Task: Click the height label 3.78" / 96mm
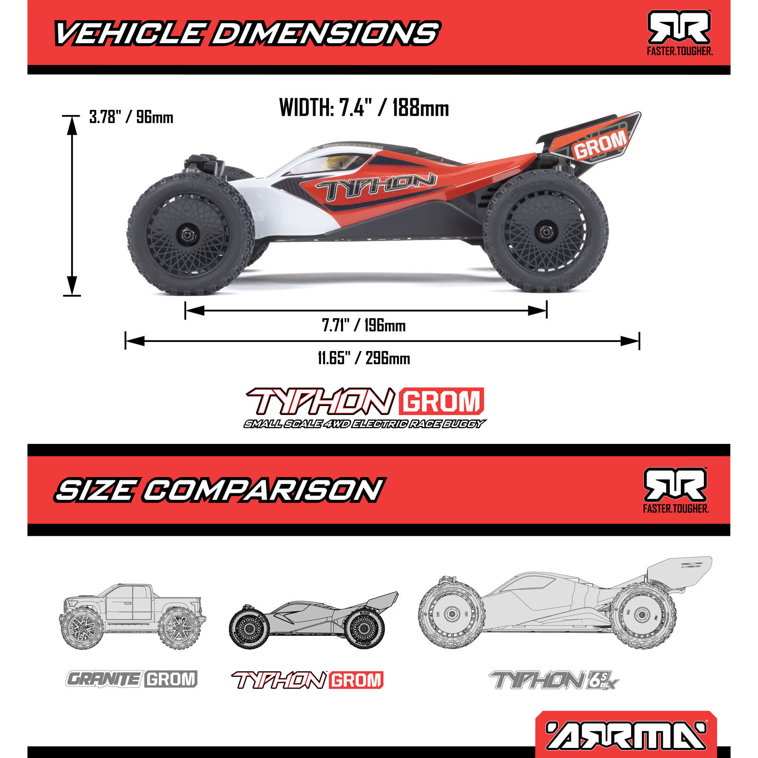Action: (131, 117)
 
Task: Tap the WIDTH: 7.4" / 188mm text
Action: (364, 108)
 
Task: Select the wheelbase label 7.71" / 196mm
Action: (364, 325)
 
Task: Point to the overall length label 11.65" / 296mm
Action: (364, 358)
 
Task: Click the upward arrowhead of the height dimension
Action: (72, 124)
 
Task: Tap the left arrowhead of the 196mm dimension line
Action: (194, 311)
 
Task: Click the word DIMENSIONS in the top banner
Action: (325, 34)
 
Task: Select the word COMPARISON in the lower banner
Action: (263, 490)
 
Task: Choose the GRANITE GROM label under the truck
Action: (131, 679)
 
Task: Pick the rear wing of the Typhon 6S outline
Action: (677, 568)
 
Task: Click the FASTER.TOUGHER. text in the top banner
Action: (679, 51)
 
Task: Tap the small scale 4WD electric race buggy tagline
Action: (364, 424)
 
